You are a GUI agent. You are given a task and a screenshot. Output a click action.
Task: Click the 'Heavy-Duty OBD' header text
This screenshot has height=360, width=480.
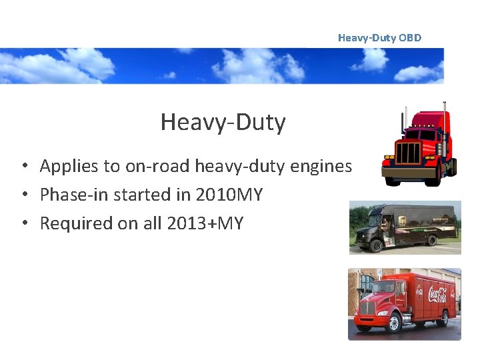(x=379, y=38)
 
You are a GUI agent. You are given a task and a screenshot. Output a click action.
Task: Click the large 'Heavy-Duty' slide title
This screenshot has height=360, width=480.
(x=223, y=122)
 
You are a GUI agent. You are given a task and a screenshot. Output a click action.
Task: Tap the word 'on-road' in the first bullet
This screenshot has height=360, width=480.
(x=145, y=166)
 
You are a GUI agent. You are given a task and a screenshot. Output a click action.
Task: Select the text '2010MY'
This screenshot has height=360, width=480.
(x=229, y=195)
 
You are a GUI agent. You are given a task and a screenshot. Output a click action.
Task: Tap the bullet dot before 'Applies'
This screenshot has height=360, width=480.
(x=23, y=167)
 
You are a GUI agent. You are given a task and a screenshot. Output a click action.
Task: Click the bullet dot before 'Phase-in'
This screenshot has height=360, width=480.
(x=23, y=195)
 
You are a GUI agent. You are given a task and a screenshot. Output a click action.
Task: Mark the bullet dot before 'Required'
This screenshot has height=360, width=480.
(x=23, y=224)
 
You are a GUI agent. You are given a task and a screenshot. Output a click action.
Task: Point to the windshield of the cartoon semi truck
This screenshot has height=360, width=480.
(x=419, y=135)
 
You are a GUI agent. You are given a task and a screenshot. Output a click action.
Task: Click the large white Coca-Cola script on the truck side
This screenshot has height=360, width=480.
(x=438, y=293)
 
